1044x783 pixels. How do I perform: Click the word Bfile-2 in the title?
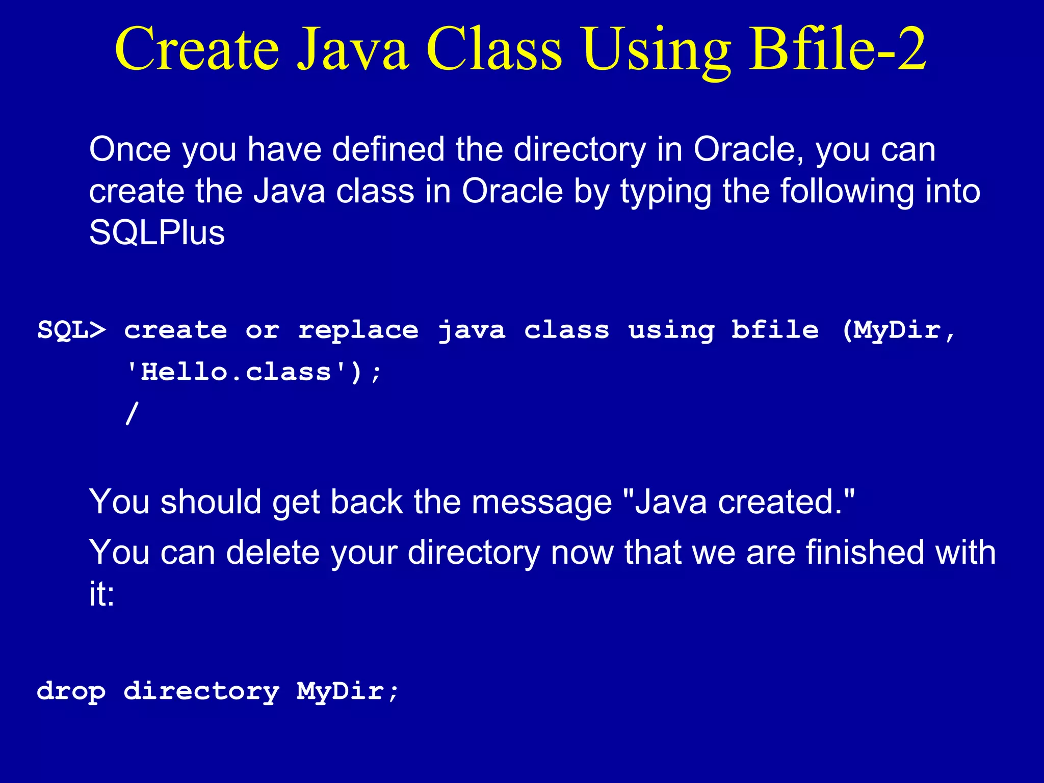point(837,50)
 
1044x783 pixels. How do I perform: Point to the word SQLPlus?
point(157,233)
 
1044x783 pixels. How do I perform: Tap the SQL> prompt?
point(72,330)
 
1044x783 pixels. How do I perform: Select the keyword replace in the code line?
point(358,330)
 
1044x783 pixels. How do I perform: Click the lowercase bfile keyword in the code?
point(775,330)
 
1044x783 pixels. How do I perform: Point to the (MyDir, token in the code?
point(898,330)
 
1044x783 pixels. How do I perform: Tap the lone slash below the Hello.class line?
point(132,413)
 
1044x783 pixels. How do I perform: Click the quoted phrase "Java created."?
point(739,502)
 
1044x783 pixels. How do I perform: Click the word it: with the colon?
point(102,594)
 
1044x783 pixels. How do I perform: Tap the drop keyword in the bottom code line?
point(71,692)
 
